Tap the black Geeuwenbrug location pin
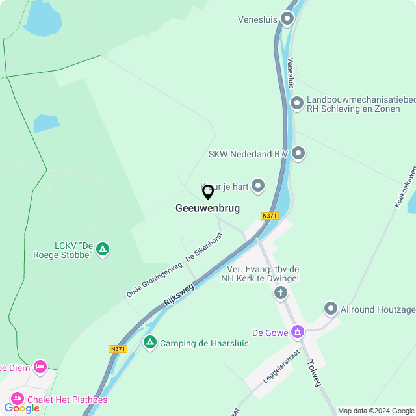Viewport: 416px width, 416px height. click(208, 192)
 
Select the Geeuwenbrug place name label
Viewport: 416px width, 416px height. click(207, 209)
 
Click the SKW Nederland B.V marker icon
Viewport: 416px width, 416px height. click(298, 153)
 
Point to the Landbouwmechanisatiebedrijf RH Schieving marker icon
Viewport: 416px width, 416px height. click(297, 103)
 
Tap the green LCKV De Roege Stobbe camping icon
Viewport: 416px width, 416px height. click(103, 249)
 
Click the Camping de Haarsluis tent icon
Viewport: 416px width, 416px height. click(150, 342)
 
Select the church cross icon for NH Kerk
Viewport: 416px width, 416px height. click(280, 292)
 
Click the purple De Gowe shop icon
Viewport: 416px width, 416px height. click(298, 331)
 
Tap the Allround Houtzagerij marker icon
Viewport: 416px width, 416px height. click(331, 309)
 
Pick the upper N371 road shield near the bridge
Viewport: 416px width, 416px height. click(269, 215)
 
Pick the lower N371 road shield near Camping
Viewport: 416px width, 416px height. click(117, 349)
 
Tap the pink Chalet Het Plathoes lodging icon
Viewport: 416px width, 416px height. click(16, 398)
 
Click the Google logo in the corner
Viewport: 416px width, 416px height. click(21, 408)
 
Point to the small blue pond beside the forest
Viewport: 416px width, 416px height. click(46, 123)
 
